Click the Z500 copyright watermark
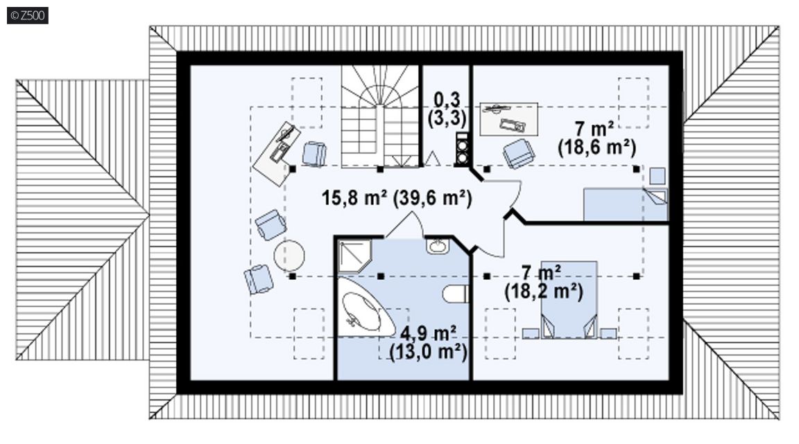tap(28, 15)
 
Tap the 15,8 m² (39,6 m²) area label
tap(397, 198)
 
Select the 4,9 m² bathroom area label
tap(428, 334)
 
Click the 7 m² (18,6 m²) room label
tap(596, 139)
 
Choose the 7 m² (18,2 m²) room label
tap(544, 283)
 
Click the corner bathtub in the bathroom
tap(364, 308)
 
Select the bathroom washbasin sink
tap(438, 246)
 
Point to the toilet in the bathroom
tap(455, 294)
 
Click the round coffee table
tap(289, 256)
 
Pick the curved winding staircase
tap(380, 116)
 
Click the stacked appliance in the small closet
tap(462, 149)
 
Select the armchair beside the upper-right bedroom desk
tap(519, 153)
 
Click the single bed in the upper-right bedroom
tap(625, 205)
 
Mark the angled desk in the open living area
tap(275, 154)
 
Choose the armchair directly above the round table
tap(270, 224)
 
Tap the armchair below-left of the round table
tap(258, 279)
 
